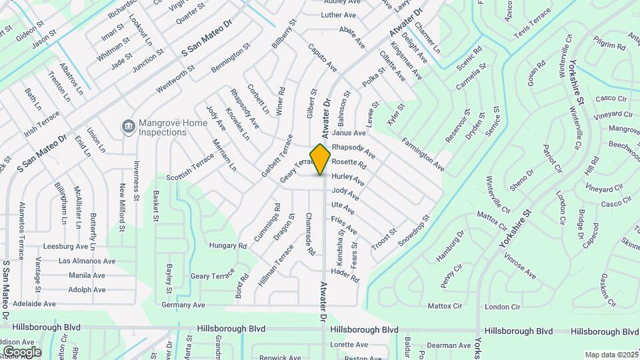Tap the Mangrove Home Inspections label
coord(162,127)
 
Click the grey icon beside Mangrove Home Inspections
coord(127,126)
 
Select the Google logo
coord(22,351)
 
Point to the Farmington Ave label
coord(423,154)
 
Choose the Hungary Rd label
coord(228,245)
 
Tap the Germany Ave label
coord(183,305)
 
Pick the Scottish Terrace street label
coord(190,166)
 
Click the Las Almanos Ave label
coord(87,261)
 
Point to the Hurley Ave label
coord(348,179)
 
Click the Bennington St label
coord(230,58)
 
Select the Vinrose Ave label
coord(519,265)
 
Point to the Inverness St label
coord(136,181)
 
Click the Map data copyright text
coord(611,355)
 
